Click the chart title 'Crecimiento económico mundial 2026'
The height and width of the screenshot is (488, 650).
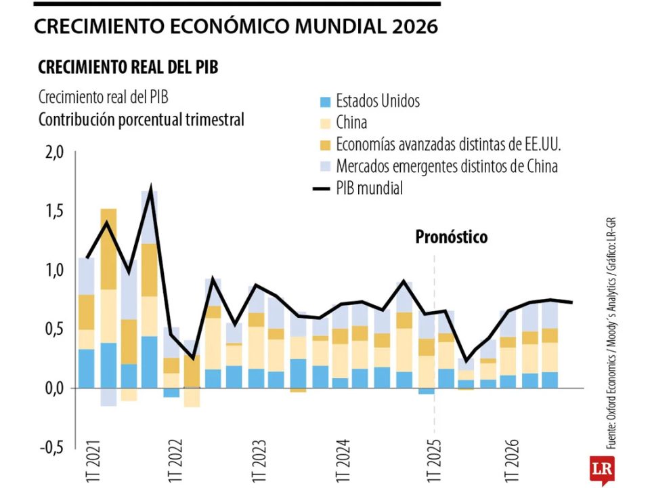(236, 26)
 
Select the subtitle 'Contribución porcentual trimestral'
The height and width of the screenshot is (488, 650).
(141, 120)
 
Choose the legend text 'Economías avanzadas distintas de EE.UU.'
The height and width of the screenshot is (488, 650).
(449, 144)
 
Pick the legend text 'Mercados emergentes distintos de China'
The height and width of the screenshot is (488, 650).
(447, 166)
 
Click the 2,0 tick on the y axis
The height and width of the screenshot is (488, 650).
(53, 152)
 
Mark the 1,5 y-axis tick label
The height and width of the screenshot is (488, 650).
(53, 211)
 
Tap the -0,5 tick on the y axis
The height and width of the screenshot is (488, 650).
(51, 447)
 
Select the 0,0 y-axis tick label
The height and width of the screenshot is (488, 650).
(53, 388)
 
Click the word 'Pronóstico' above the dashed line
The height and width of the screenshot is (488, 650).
(451, 237)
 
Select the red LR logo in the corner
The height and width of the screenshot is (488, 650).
(598, 469)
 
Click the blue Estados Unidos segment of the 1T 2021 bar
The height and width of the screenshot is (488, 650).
(87, 369)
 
